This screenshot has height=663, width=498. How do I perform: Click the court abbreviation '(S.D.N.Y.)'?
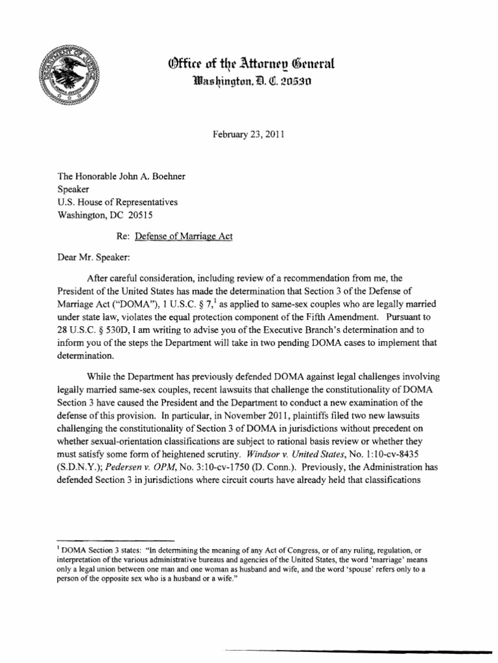pyautogui.click(x=82, y=459)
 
